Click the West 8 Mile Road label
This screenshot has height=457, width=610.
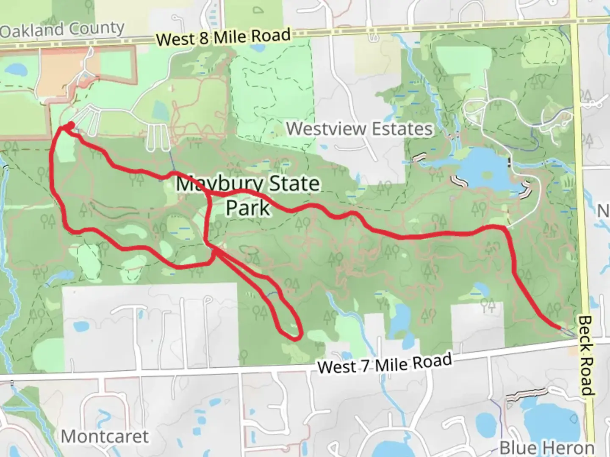(224, 37)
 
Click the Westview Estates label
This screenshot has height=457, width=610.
(360, 129)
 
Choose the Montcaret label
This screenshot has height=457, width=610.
(105, 436)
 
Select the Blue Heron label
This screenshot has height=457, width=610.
(547, 447)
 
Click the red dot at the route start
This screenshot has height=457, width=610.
(70, 125)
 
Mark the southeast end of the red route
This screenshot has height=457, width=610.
(559, 327)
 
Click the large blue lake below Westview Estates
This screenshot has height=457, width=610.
(483, 169)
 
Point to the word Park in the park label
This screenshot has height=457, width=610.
(248, 208)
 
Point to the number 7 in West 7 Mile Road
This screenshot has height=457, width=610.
(365, 366)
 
